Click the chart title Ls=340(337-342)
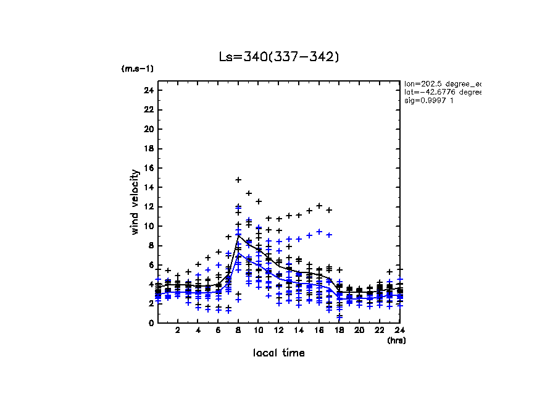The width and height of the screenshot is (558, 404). click(279, 57)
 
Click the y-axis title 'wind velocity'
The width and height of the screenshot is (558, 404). click(135, 202)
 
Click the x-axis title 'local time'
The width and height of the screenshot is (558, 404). click(279, 353)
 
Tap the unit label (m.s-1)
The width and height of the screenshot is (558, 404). click(138, 69)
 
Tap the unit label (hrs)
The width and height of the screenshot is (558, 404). click(396, 340)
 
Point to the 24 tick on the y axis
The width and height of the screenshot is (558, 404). click(148, 90)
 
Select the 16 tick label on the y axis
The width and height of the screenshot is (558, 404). click(148, 168)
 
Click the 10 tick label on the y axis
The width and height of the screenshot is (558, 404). click(148, 226)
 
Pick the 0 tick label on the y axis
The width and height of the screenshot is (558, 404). click(151, 323)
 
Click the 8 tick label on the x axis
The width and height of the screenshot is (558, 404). click(238, 330)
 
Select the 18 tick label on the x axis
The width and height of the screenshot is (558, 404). click(339, 330)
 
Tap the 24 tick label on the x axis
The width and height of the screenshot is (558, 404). click(399, 330)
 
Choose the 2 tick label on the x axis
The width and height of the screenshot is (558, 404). click(178, 330)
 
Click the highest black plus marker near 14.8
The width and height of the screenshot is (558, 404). click(238, 180)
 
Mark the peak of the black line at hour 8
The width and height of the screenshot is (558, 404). click(238, 235)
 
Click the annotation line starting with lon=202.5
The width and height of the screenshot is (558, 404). click(442, 83)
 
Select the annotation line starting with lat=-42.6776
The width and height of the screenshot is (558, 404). click(442, 92)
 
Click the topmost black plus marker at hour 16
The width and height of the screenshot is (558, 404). click(319, 206)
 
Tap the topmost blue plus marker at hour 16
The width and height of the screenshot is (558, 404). click(319, 231)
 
